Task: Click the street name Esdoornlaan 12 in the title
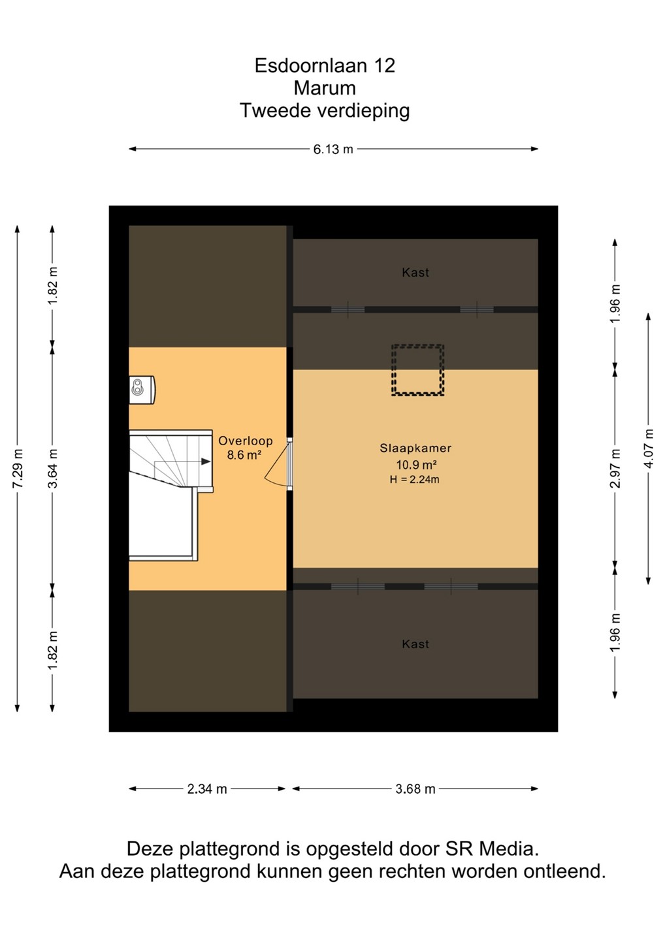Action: pos(325,66)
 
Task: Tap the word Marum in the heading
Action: pos(325,88)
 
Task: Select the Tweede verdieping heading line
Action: pos(325,111)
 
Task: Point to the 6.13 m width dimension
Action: pos(333,149)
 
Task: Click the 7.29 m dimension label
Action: pos(18,468)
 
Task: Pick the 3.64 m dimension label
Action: pos(53,468)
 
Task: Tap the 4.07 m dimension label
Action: pos(649,448)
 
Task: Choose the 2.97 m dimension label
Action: pos(615,468)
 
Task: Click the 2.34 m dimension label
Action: pos(207,789)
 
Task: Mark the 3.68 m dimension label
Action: pos(415,789)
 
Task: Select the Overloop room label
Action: pos(246,441)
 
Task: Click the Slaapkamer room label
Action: pos(415,448)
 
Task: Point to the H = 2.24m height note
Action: pos(414,479)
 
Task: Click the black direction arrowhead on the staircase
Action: pos(206,462)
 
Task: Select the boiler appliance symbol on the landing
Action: pos(142,390)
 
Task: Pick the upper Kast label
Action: pos(415,273)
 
